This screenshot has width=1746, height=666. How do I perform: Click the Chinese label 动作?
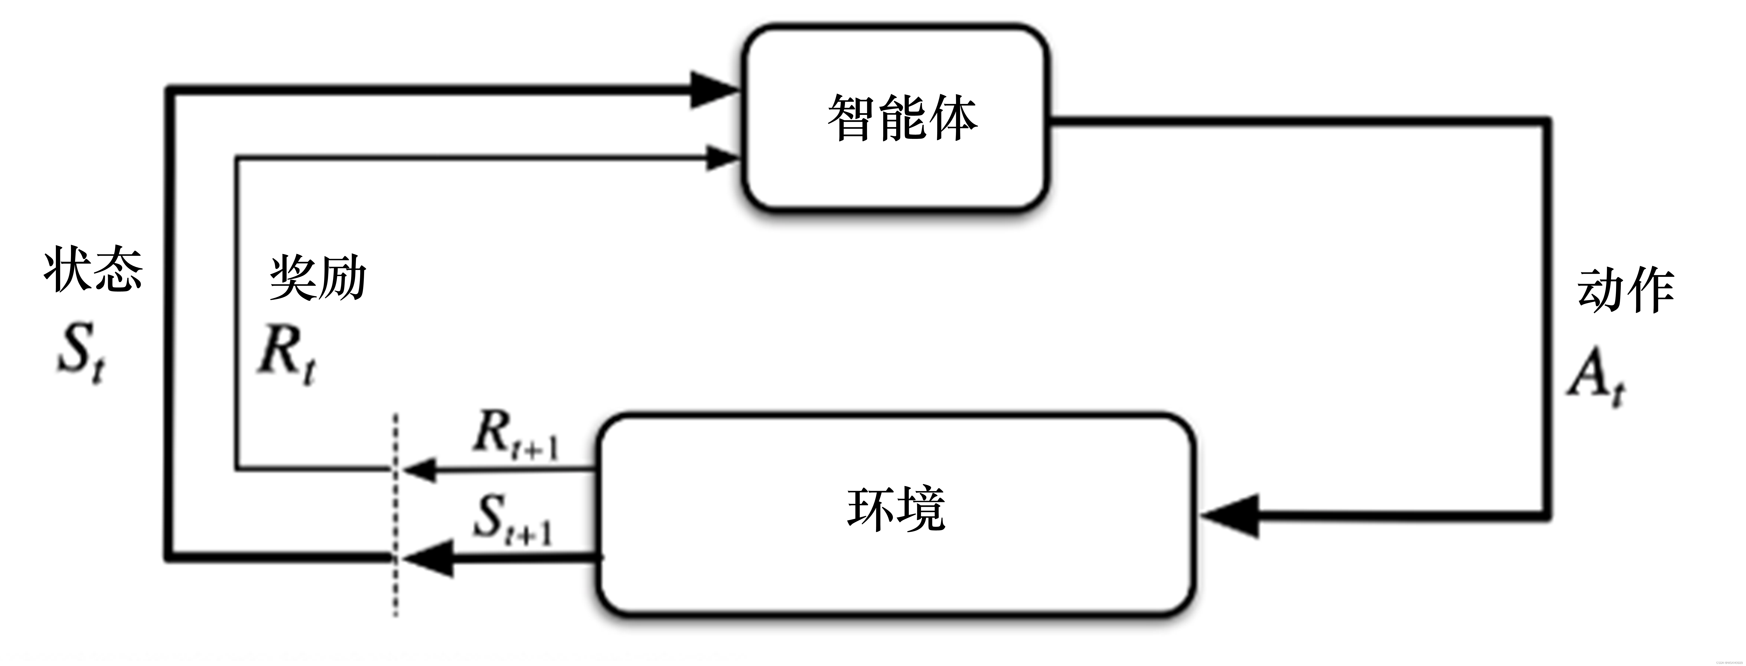pos(1625,290)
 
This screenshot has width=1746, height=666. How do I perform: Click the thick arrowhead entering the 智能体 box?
pos(712,90)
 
